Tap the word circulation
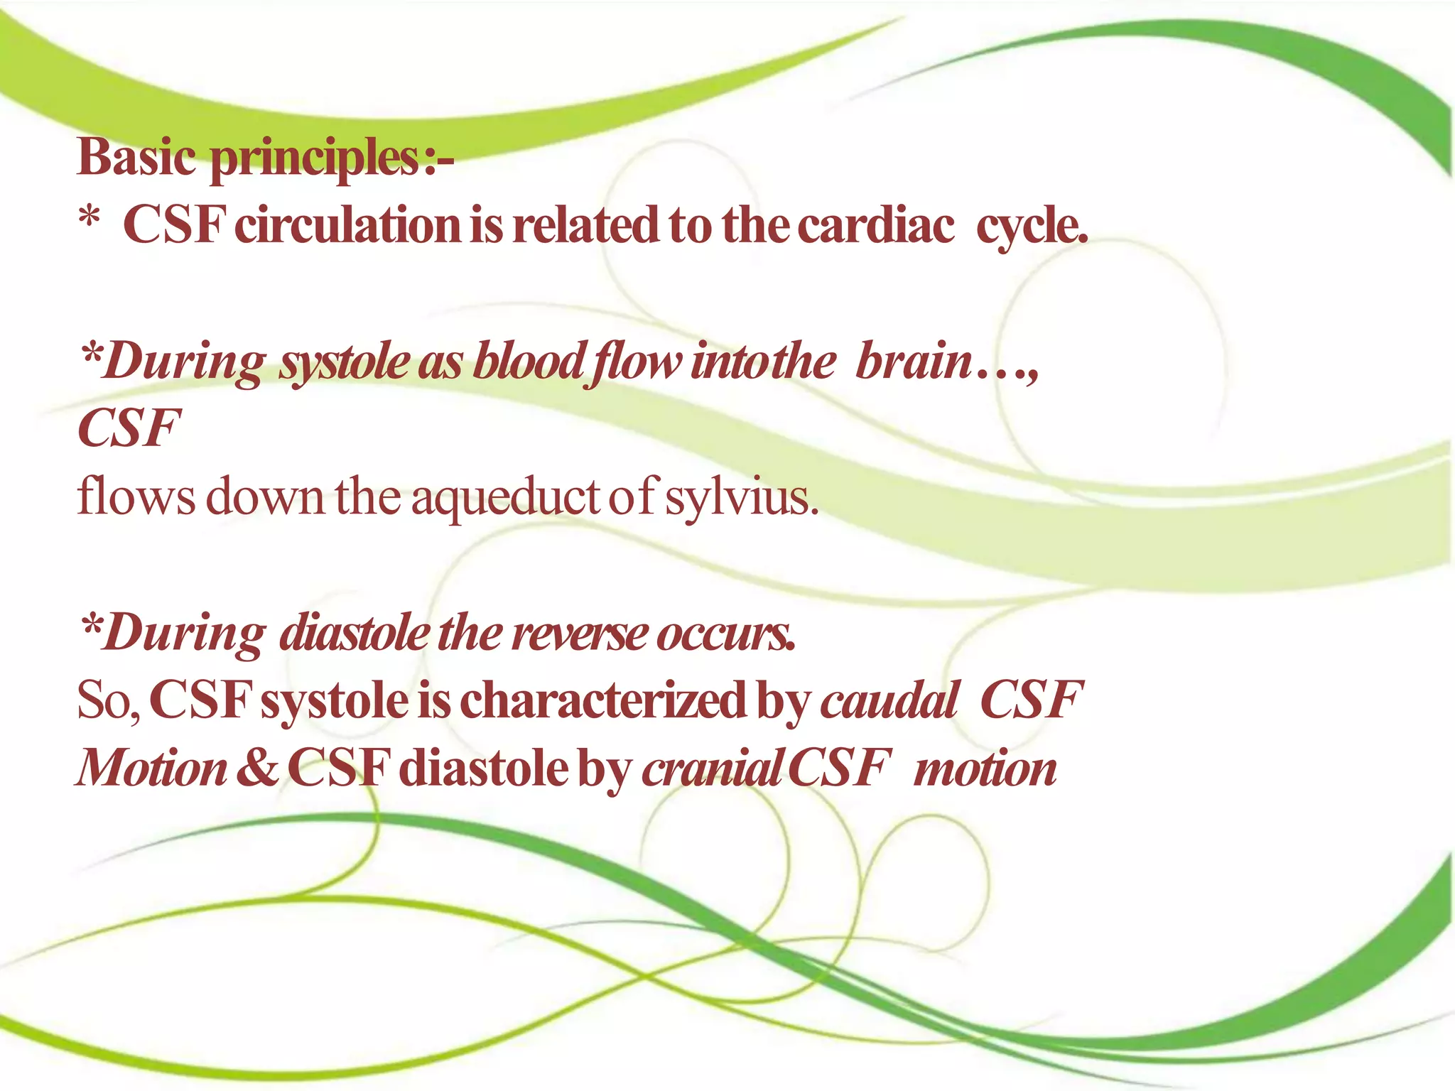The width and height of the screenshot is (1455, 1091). pos(347,225)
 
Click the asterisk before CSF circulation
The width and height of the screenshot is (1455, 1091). pos(89,217)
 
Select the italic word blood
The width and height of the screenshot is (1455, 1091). pos(529,361)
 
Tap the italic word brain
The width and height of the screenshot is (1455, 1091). pos(913,361)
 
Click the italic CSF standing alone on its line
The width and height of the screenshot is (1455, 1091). pos(129,428)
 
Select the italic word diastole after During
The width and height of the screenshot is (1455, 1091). pos(355,632)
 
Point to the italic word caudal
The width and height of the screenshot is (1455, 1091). pos(889,700)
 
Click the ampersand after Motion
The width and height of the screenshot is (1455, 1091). pos(256,768)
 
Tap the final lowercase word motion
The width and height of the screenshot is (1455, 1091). pos(985,769)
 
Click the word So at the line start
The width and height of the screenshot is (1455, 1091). pos(107,700)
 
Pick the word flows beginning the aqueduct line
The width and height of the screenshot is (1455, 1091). pos(136,497)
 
